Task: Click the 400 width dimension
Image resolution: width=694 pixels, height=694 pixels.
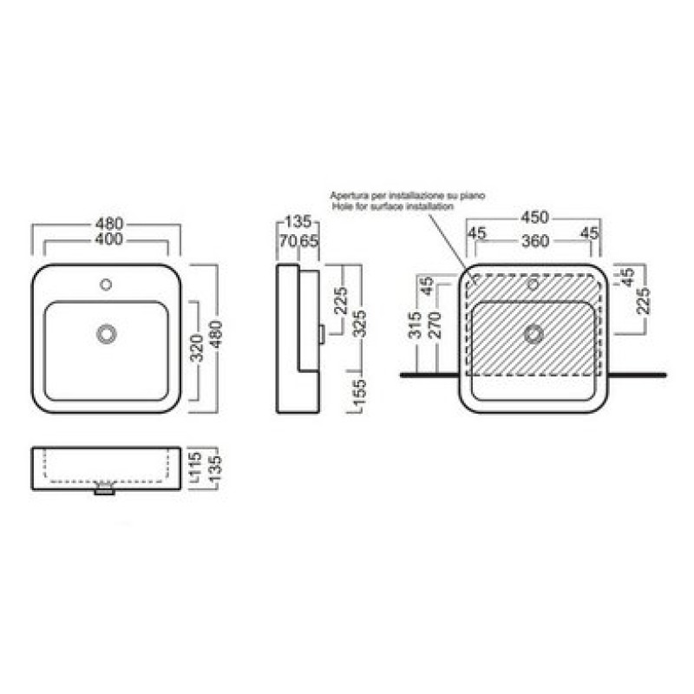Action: coord(109,239)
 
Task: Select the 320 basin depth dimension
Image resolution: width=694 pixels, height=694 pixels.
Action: coord(198,348)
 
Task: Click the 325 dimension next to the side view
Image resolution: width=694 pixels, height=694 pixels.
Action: coord(360,324)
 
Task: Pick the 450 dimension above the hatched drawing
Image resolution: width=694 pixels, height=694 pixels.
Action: coord(534,218)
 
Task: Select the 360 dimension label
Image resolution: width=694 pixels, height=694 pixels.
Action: coord(535,241)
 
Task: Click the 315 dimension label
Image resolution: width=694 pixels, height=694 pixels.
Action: coord(416,325)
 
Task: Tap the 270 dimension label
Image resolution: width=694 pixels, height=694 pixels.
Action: coord(435,325)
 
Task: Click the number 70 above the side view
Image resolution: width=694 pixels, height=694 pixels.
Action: coord(287,241)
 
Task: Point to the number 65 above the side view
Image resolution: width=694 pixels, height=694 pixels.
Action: coord(310,241)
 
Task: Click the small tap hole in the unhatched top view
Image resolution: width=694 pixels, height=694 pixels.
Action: coord(106,285)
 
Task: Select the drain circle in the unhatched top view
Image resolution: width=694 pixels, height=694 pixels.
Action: coord(106,334)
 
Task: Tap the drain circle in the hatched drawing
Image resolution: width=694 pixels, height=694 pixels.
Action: coord(534,335)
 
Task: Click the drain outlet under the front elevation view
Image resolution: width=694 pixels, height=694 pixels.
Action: coord(105,491)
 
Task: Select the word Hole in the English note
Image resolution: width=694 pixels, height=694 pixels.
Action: coord(341,206)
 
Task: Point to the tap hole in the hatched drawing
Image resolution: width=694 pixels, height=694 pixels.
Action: coord(534,285)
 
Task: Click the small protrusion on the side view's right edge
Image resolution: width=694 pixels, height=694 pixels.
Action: coord(323,335)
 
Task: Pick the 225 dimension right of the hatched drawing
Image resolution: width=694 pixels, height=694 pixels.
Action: coord(643,301)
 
